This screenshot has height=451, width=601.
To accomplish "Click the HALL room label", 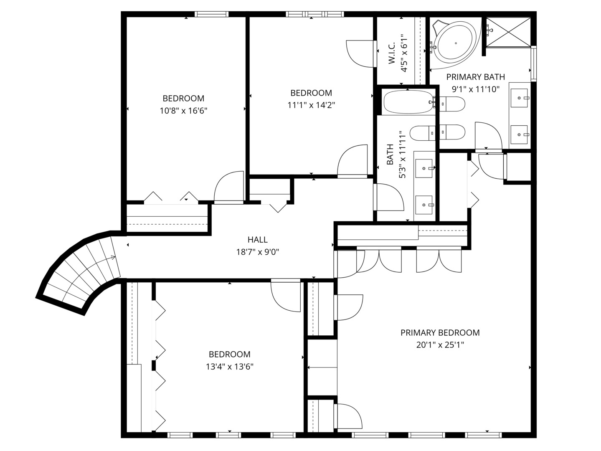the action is click(x=257, y=240).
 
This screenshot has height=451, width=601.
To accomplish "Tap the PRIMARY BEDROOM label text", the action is click(x=440, y=332).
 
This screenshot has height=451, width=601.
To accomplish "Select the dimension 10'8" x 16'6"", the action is click(x=183, y=111).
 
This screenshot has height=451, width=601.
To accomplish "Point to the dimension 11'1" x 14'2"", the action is click(x=311, y=105).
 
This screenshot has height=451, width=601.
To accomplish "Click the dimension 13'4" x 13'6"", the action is click(x=229, y=366).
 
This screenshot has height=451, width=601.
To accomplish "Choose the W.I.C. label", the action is click(x=392, y=53).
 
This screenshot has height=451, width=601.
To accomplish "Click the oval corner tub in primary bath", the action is click(x=455, y=43).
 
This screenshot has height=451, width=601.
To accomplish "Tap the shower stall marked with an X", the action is click(x=508, y=32).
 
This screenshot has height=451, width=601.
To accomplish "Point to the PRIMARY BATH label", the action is click(x=476, y=77).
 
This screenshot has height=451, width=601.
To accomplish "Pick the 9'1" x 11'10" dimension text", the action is click(x=476, y=89).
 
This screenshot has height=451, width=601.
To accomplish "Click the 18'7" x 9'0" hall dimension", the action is click(x=257, y=252).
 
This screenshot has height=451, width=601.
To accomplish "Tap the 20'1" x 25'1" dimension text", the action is click(x=440, y=345).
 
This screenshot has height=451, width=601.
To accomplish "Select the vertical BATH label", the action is click(x=390, y=155).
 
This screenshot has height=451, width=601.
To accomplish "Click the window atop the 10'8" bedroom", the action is click(x=211, y=14).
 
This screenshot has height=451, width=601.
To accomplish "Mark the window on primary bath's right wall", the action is click(x=533, y=63).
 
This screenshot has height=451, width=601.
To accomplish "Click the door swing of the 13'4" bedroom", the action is click(x=286, y=295).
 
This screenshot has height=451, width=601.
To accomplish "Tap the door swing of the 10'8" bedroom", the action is click(x=228, y=187).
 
